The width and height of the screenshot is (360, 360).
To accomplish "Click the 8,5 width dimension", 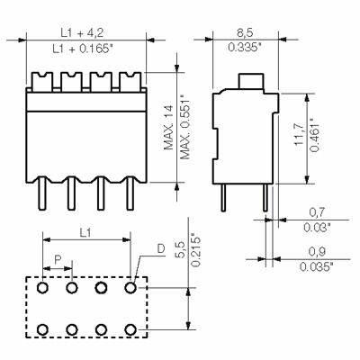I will coord(242,31).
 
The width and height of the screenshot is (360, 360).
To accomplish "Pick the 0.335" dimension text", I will coord(242,48).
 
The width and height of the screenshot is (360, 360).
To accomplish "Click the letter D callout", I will coord(160,248).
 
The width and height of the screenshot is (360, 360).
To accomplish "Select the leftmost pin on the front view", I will coord(41,199).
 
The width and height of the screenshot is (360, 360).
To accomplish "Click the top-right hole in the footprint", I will coord(131,288).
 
